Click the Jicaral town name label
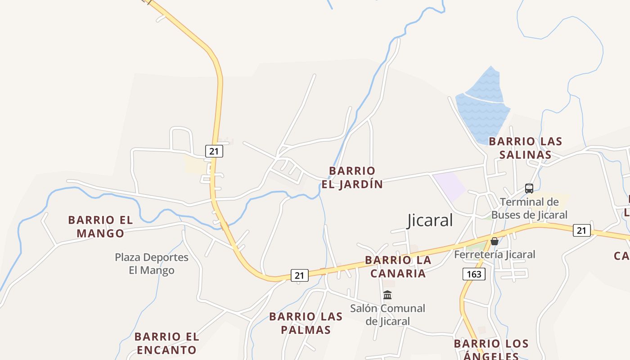[430, 220]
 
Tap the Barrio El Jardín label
[352, 177]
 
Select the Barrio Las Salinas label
[525, 148]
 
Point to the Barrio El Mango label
[100, 226]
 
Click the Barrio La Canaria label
[398, 266]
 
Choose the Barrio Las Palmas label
[306, 323]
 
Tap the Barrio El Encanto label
[166, 343]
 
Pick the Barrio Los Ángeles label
[491, 350]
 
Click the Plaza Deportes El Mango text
[152, 264]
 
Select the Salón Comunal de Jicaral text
[387, 315]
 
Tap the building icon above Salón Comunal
[387, 295]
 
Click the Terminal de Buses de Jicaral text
[529, 208]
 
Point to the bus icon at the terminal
[529, 189]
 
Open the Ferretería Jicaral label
[495, 254]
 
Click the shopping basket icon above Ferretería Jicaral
[495, 241]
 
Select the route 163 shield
[474, 274]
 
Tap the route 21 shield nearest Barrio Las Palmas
[300, 275]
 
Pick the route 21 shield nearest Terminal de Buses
[581, 230]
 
